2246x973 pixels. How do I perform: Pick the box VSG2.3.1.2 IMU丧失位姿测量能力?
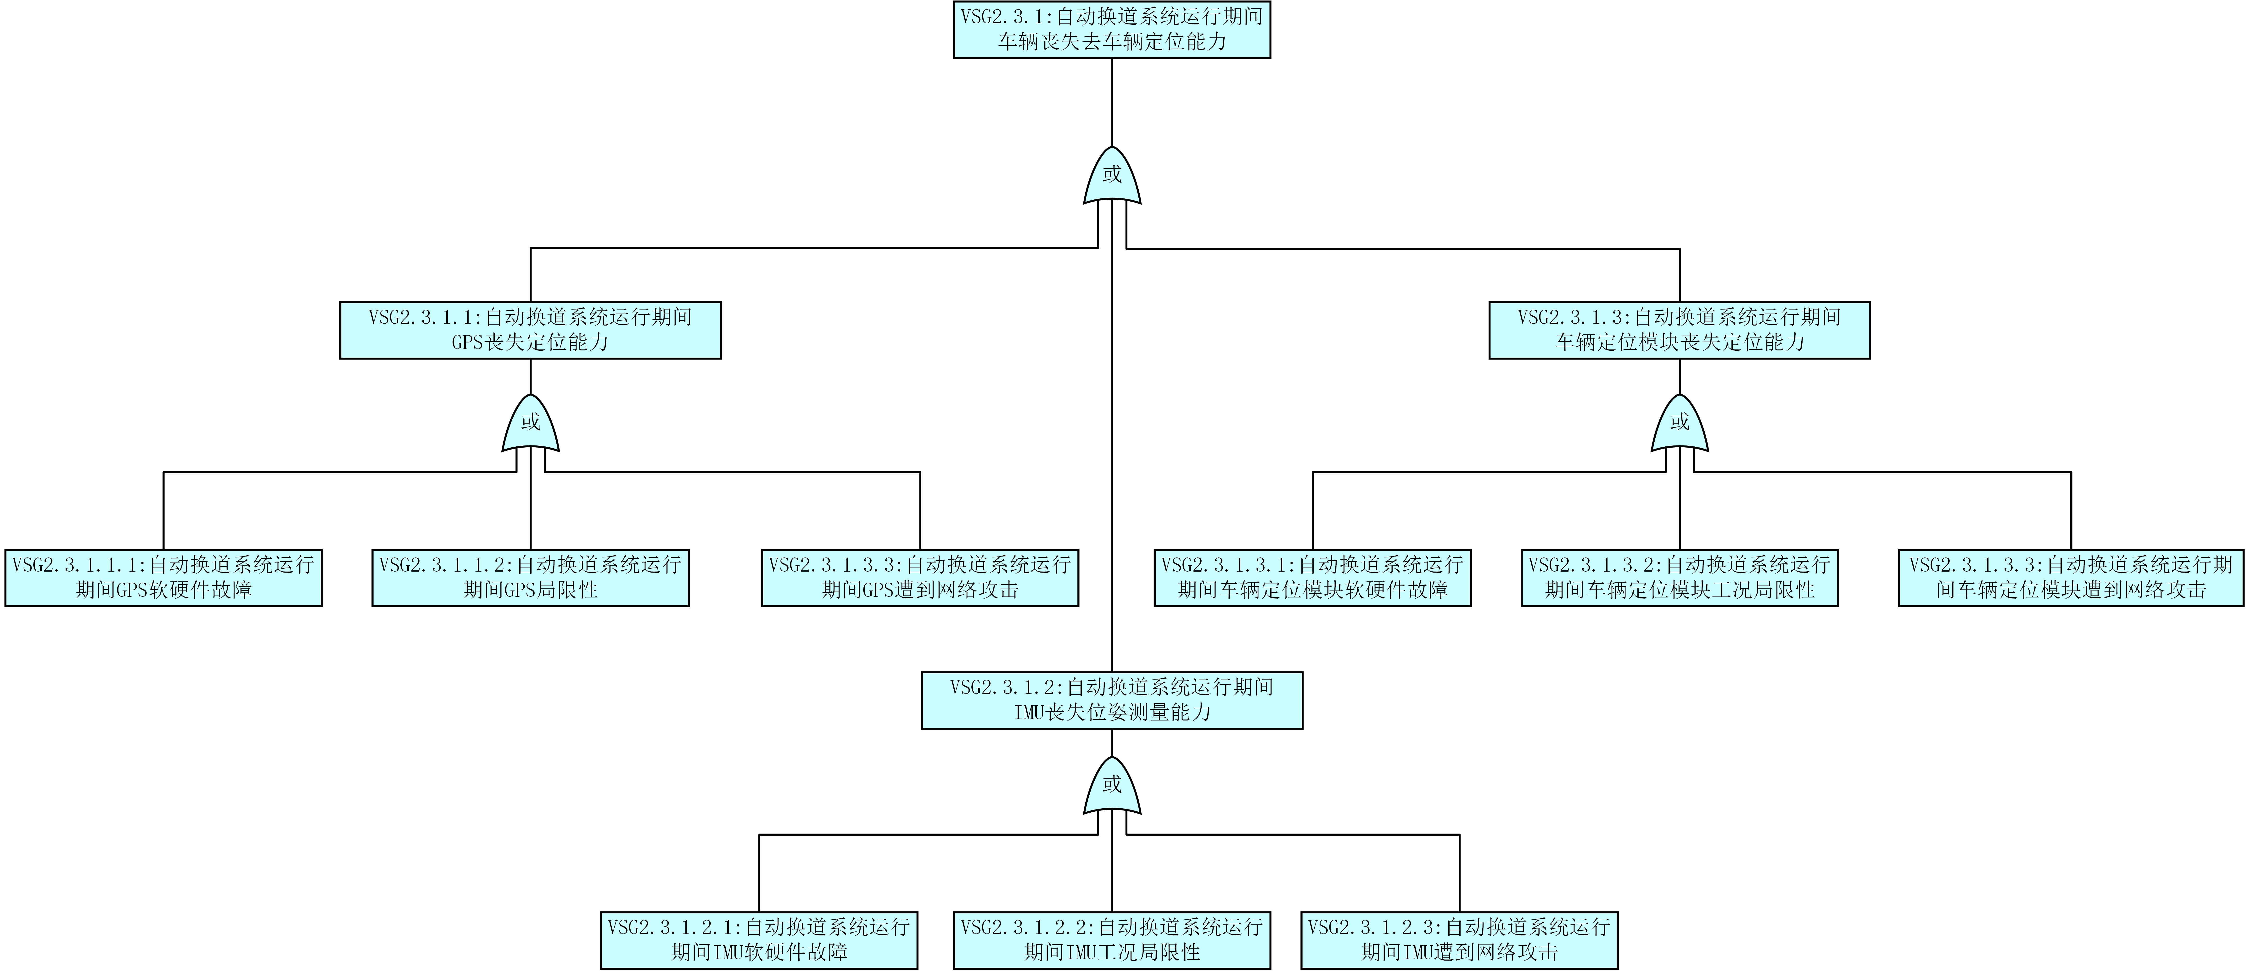click(1112, 700)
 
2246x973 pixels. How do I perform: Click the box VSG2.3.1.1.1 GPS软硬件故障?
click(164, 577)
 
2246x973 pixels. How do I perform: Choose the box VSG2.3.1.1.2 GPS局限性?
click(530, 577)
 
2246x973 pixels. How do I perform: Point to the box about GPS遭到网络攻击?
click(920, 577)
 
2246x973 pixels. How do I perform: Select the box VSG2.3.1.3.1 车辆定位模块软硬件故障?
click(1312, 577)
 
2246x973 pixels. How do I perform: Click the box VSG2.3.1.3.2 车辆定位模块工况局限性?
click(1679, 577)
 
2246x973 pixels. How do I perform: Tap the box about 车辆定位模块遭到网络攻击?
click(2071, 577)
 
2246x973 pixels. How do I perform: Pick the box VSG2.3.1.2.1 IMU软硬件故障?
click(759, 940)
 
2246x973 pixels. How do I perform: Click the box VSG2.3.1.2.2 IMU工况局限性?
click(1112, 940)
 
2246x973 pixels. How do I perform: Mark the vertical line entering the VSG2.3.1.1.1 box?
click(164, 511)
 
